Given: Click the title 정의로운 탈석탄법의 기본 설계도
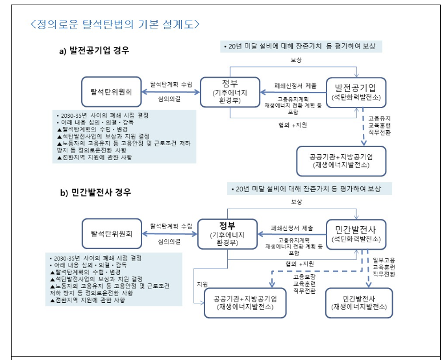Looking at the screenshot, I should coord(115,24).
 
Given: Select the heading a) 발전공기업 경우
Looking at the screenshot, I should coord(95,51).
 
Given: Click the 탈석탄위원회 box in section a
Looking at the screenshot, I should coord(111,91).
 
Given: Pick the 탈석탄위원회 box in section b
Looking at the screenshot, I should coord(111,233).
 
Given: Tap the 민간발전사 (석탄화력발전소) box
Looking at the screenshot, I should coord(359,234).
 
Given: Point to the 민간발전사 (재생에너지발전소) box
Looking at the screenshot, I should coord(359,302).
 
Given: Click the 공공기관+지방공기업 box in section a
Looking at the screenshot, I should coord(341,161).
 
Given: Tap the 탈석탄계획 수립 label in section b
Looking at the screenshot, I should coord(171,227).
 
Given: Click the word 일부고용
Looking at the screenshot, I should coord(384,259).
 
